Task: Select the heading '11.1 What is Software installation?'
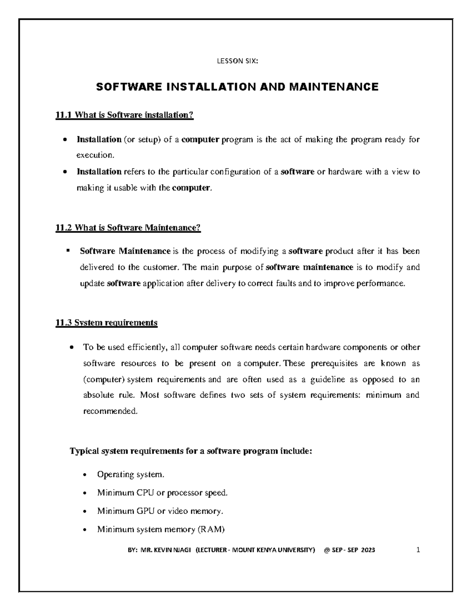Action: [x=125, y=115]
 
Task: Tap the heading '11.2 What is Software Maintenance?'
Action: [x=128, y=228]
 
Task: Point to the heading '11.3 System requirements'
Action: [x=107, y=323]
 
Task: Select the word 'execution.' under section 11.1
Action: [x=95, y=155]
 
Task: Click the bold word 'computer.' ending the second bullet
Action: [x=192, y=188]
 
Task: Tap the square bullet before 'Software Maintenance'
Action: [x=68, y=250]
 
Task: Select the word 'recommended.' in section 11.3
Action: [x=111, y=412]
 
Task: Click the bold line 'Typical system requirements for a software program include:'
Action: [x=191, y=451]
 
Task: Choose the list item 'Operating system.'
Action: [x=130, y=474]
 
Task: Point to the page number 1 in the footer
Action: [x=419, y=550]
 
